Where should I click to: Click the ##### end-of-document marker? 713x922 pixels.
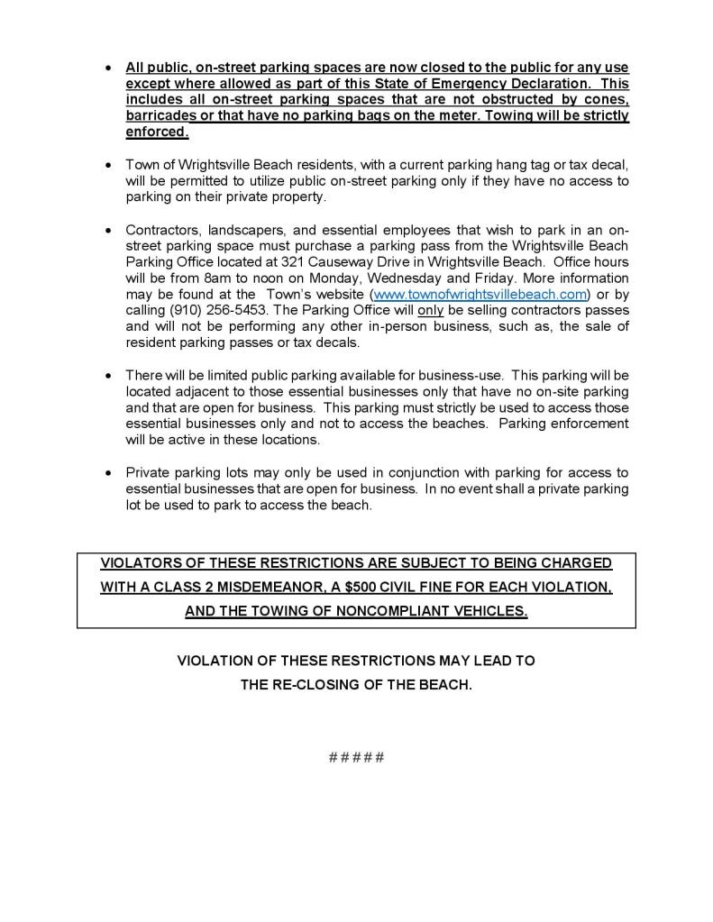tap(356, 757)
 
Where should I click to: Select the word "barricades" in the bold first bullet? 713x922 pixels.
tap(160, 116)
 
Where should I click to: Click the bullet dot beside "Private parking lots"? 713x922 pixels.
tap(108, 473)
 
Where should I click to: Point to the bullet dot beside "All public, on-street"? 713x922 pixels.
tap(108, 68)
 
